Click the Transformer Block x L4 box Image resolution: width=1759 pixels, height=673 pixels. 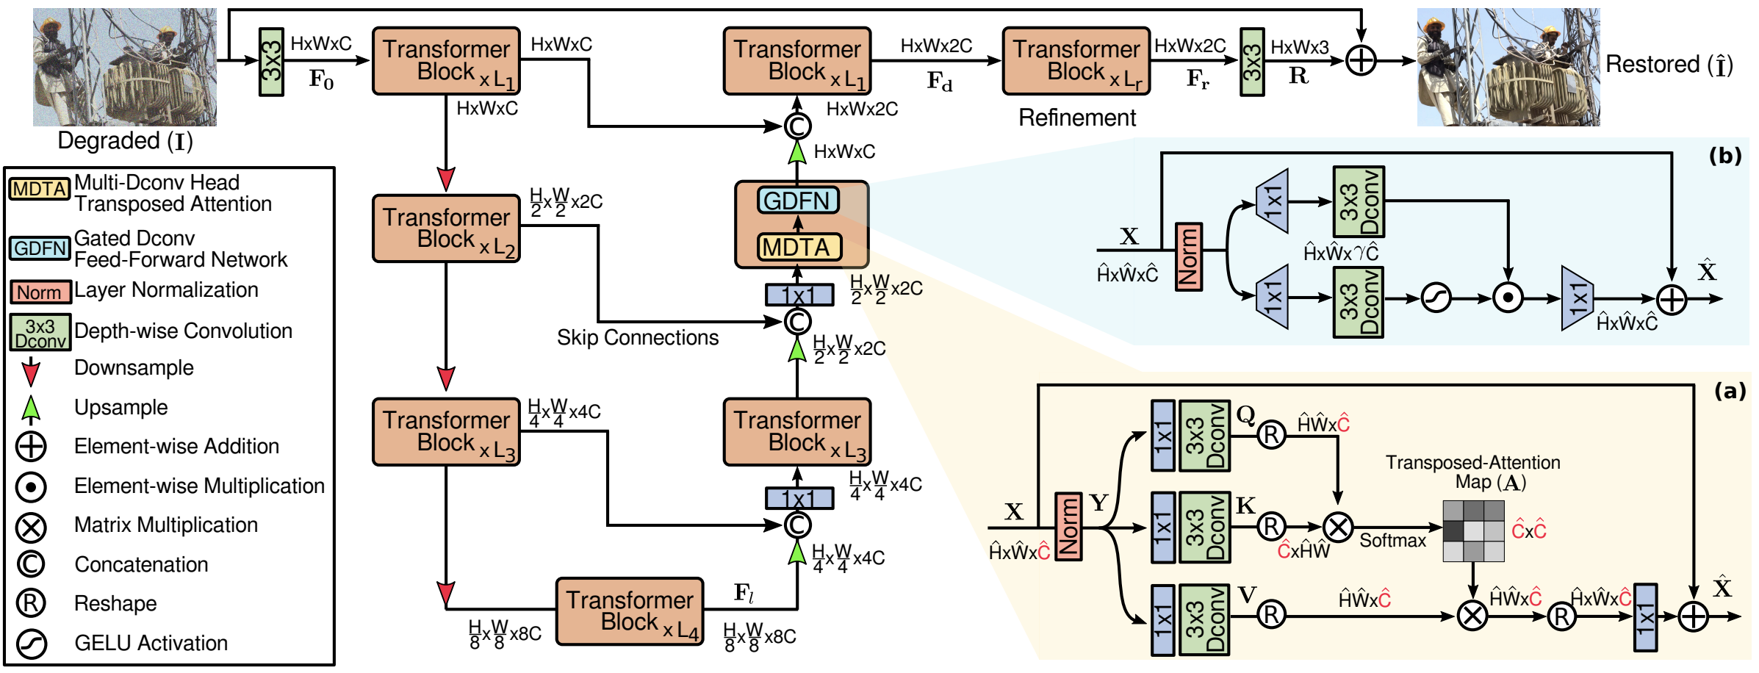(630, 611)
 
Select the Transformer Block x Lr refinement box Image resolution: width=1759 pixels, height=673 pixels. (1076, 61)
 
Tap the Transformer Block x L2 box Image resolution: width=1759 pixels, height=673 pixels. (446, 228)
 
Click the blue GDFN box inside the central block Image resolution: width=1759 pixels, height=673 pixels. (797, 201)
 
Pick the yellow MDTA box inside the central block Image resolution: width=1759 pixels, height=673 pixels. (798, 248)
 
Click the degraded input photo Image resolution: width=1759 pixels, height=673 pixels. (125, 67)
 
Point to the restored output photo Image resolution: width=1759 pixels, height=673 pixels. (1508, 67)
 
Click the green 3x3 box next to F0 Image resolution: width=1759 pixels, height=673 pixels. (271, 62)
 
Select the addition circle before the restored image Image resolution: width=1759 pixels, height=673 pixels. (1361, 61)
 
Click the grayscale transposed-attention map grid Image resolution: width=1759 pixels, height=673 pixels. (1473, 531)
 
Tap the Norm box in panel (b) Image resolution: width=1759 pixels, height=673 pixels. (1189, 257)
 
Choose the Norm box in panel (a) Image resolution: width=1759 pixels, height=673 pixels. (1068, 527)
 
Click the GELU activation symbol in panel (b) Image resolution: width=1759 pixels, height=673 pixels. (1436, 298)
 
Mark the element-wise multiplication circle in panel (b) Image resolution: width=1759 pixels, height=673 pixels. (1508, 298)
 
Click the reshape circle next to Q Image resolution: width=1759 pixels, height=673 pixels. (1271, 435)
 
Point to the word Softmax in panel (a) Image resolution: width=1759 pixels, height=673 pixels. (1392, 541)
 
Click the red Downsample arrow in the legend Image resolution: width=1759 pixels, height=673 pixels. (30, 372)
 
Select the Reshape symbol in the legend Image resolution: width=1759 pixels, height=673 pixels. (31, 603)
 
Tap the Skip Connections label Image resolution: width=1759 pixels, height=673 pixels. (638, 337)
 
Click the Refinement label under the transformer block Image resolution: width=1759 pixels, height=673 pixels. (1077, 118)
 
